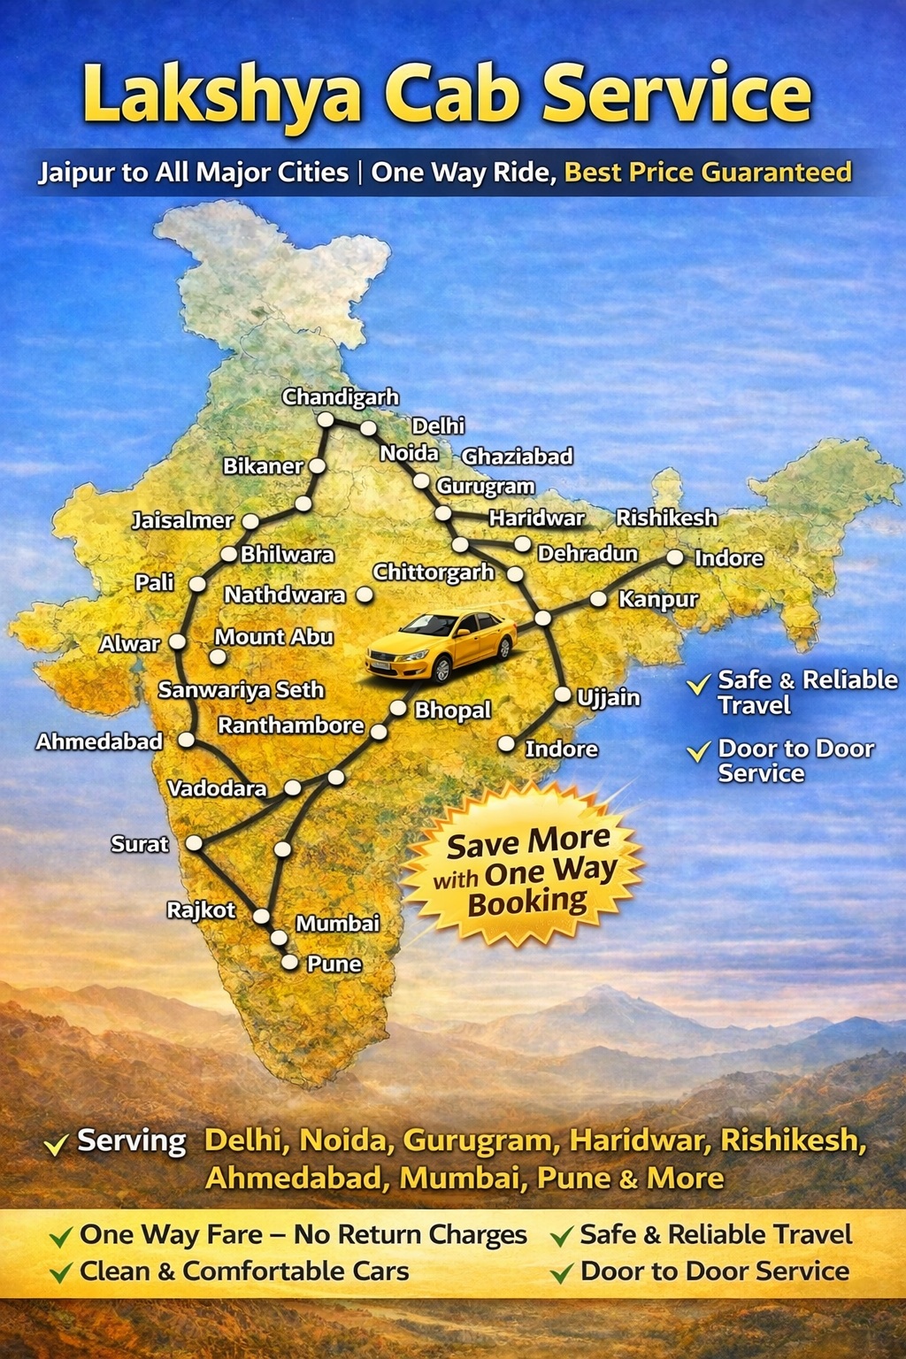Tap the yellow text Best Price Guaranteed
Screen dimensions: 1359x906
[708, 172]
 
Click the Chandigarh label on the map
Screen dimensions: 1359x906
[341, 397]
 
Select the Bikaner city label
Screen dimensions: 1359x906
[263, 466]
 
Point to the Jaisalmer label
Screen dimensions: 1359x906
[183, 520]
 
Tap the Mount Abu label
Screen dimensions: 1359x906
[274, 637]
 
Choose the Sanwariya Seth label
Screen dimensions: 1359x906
[241, 690]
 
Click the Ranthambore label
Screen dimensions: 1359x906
[291, 726]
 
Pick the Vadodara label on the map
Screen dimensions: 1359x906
[217, 788]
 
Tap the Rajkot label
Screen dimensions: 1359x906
[201, 910]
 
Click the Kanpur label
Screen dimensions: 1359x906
[658, 600]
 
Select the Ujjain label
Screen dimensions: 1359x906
[609, 698]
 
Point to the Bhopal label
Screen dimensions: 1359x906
[453, 710]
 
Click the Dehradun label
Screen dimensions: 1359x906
[587, 554]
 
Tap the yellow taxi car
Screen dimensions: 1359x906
[441, 646]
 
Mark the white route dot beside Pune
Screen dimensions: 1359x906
[289, 963]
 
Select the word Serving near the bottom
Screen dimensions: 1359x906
[132, 1140]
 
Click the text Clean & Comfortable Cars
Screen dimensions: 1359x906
[244, 1271]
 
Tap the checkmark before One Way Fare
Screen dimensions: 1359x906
[61, 1236]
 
